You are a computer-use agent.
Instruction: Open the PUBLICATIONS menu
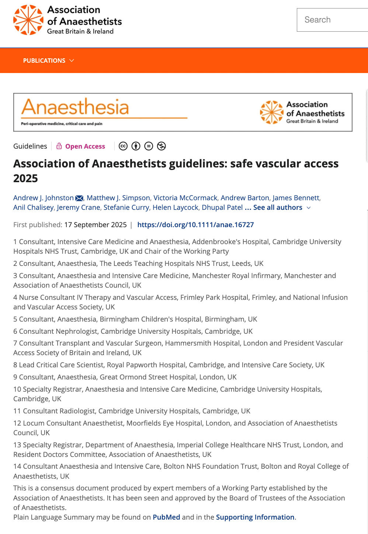tap(48, 60)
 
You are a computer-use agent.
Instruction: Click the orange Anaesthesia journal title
tap(75, 107)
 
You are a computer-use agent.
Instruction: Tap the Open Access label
tap(85, 146)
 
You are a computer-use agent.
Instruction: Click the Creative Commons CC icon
tap(123, 146)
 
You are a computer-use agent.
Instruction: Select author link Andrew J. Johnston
tap(44, 198)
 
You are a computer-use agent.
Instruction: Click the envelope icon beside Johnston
tap(79, 198)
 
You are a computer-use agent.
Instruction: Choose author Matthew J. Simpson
tap(118, 198)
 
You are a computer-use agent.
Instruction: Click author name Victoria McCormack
tap(185, 198)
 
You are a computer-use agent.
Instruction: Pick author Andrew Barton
tap(245, 198)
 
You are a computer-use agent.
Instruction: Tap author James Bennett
tap(296, 198)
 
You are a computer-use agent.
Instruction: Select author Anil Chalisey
tap(33, 208)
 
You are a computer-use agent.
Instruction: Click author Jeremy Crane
tap(79, 208)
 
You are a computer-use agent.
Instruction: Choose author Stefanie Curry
tap(126, 208)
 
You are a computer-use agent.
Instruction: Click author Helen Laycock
tap(176, 208)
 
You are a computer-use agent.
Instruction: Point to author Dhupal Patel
tap(222, 208)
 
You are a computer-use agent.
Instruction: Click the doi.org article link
tap(195, 225)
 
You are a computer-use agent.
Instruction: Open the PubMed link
tap(166, 517)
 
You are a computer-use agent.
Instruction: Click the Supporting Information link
tap(255, 517)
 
